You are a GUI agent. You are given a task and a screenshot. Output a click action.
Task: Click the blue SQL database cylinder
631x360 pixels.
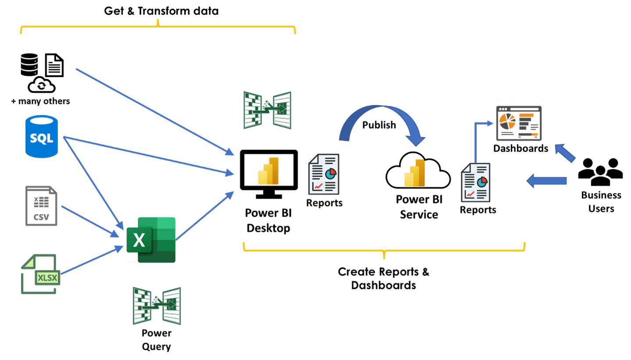pyautogui.click(x=42, y=136)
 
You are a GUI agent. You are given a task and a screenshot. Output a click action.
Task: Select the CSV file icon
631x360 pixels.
pyautogui.click(x=41, y=206)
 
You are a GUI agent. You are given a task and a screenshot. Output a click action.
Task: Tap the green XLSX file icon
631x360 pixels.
pyautogui.click(x=40, y=274)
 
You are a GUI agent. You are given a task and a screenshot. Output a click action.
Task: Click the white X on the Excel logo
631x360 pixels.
pyautogui.click(x=139, y=240)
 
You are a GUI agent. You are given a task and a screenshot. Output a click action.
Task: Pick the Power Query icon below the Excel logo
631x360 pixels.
pyautogui.click(x=157, y=306)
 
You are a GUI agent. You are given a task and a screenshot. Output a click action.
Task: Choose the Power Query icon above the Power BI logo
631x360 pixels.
pyautogui.click(x=267, y=110)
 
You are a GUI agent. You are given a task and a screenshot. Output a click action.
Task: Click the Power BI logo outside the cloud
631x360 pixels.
pyautogui.click(x=268, y=171)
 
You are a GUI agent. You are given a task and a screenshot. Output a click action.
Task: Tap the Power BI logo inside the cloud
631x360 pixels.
pyautogui.click(x=415, y=173)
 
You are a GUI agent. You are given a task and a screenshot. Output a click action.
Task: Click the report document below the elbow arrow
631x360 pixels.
pyautogui.click(x=476, y=182)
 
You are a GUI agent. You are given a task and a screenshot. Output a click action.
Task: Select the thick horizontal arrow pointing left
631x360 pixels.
pyautogui.click(x=546, y=180)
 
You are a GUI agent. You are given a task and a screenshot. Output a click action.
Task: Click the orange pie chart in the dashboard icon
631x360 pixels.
pyautogui.click(x=508, y=120)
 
